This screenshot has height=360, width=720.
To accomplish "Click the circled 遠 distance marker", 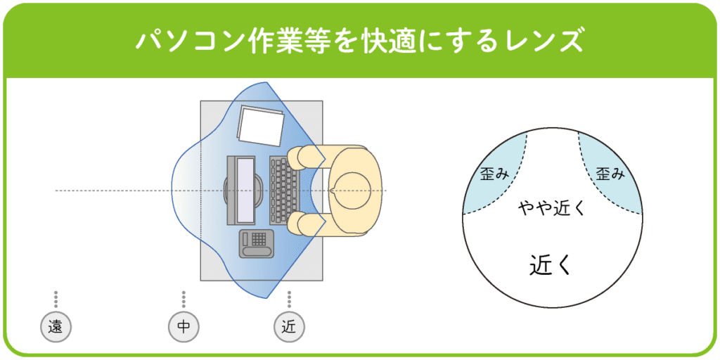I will pyautogui.click(x=56, y=327).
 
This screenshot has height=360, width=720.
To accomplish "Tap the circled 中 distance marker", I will pyautogui.click(x=184, y=327).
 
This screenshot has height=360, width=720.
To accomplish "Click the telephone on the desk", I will pyautogui.click(x=257, y=243).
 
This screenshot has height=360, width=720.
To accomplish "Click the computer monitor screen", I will pyautogui.click(x=245, y=191).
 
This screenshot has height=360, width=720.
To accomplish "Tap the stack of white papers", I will pyautogui.click(x=261, y=127).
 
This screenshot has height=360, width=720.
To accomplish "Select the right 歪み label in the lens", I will pyautogui.click(x=610, y=174).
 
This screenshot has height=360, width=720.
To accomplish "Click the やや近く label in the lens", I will pyautogui.click(x=552, y=208).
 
